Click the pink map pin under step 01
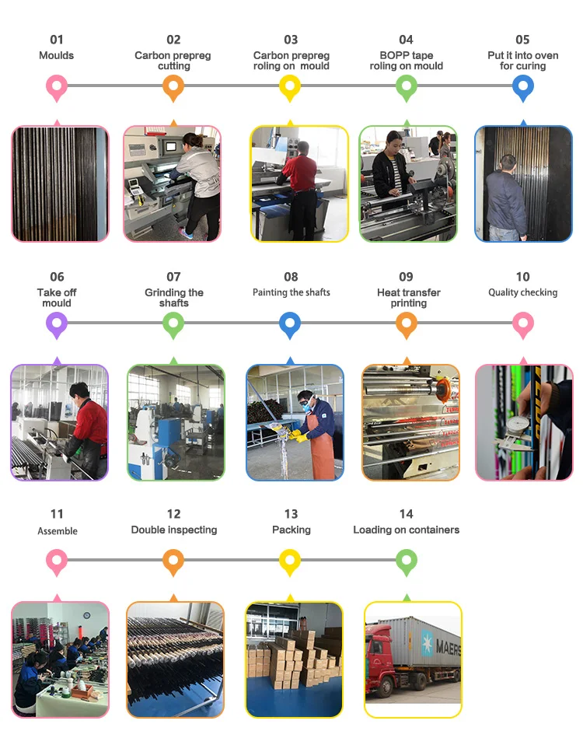[x=57, y=86]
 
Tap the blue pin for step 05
[x=523, y=86]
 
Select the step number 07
[x=173, y=277]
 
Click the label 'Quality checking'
[x=522, y=292]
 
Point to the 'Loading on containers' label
[x=406, y=530]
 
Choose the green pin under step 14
[x=407, y=560]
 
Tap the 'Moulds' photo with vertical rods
[x=60, y=184]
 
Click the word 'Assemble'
[x=58, y=531]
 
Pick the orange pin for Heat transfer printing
[x=407, y=324]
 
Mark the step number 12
[x=173, y=514]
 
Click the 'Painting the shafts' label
[x=291, y=292]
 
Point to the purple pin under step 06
[x=57, y=324]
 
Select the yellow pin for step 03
[x=290, y=86]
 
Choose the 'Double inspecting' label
[x=173, y=530]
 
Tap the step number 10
[x=522, y=277]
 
